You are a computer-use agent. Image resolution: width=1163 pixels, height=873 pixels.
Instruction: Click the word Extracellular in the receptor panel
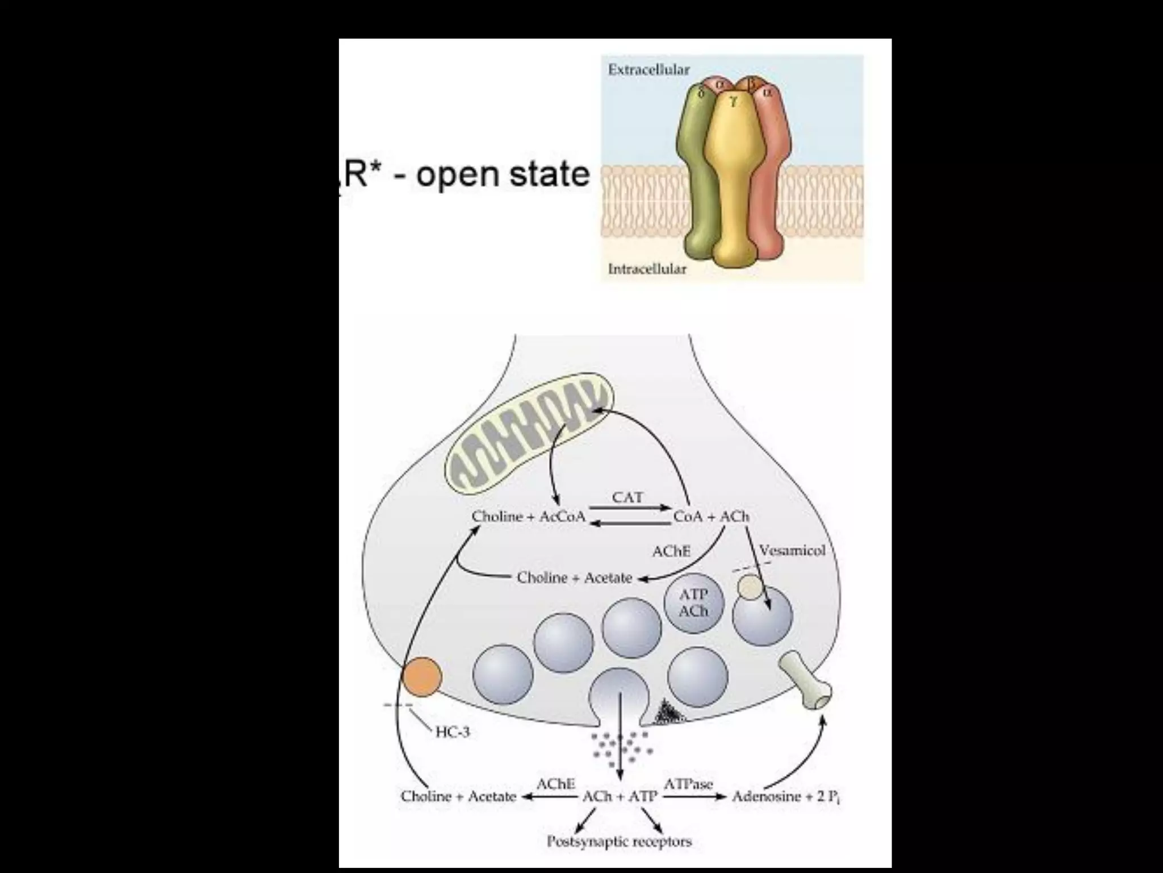[649, 70]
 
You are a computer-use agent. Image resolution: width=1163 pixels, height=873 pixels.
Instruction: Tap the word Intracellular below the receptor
[647, 268]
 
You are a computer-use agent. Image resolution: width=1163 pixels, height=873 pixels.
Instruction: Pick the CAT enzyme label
[627, 498]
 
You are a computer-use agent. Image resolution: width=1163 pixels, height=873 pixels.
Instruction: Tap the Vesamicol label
[792, 551]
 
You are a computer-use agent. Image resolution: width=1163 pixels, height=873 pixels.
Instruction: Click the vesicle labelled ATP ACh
[693, 603]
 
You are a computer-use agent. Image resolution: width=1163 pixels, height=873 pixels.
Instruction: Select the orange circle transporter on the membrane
[421, 677]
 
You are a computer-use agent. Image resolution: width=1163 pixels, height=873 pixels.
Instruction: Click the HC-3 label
[453, 732]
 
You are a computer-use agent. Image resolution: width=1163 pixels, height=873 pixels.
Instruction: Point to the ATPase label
[688, 785]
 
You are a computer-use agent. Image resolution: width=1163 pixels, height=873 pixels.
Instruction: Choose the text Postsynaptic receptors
[619, 841]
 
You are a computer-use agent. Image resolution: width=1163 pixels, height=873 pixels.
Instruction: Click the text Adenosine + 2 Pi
[785, 796]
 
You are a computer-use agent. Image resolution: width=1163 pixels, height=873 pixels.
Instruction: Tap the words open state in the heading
[503, 174]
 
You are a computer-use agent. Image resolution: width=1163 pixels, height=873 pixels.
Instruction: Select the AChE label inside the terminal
[671, 551]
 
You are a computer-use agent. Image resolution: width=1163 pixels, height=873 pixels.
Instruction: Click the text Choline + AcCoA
[528, 517]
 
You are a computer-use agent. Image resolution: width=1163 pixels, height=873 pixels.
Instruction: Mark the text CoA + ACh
[711, 517]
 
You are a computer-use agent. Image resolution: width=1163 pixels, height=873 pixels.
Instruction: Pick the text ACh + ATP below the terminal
[620, 796]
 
